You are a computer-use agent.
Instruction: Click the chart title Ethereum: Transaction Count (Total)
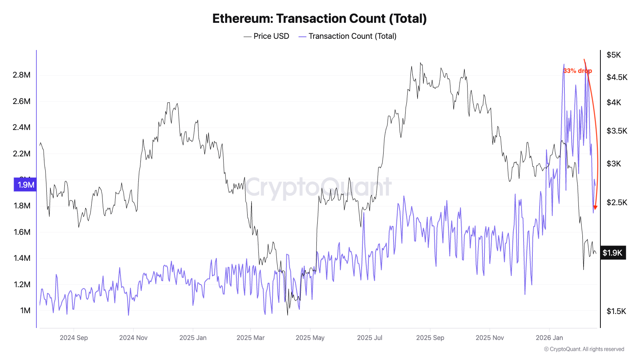coord(320,18)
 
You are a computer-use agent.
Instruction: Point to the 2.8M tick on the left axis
coord(22,75)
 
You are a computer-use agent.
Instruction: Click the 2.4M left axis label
coord(22,127)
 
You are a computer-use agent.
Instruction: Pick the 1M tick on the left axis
coord(25,310)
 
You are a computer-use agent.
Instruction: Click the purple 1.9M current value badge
coord(26,185)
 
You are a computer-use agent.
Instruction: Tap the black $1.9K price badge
coord(612,253)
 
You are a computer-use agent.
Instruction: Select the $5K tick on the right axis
coord(614,55)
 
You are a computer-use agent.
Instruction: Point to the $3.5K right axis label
coord(617,131)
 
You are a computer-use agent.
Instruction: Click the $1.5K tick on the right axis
coord(616,311)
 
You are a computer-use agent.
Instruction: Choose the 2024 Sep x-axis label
coord(74,338)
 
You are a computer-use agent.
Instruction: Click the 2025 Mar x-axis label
coord(250,338)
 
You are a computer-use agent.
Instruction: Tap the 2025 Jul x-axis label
coord(370,338)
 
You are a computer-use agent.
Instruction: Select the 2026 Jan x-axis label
coord(549,338)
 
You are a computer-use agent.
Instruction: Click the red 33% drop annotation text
coord(577,71)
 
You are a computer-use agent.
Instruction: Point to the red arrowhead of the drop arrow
coord(595,207)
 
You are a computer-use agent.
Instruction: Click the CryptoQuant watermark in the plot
coord(318,187)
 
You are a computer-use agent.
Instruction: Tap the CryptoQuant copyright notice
coord(584,349)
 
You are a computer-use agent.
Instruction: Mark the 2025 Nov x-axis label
coord(490,338)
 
